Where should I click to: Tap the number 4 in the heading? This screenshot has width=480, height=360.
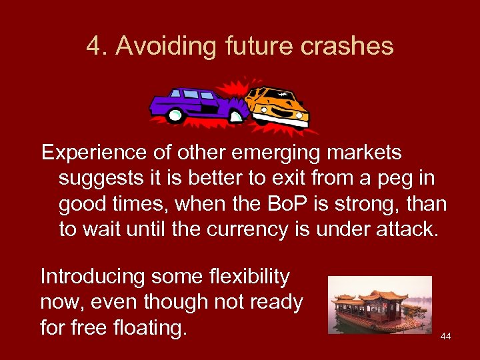93,47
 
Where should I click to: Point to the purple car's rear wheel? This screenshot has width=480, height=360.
175,116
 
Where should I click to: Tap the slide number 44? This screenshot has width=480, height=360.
445,336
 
